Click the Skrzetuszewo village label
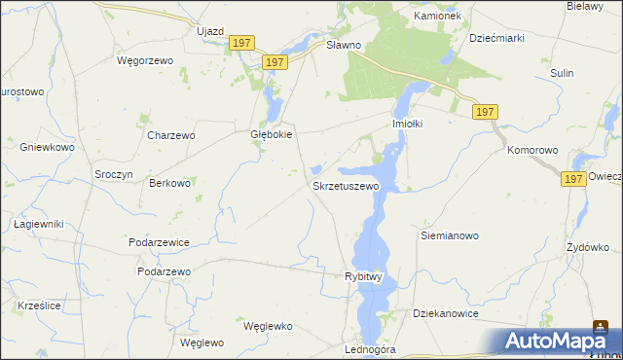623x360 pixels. (345, 185)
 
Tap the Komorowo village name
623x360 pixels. (532, 151)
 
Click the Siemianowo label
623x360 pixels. (450, 235)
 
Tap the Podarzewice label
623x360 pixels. (158, 241)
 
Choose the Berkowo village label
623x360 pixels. (167, 183)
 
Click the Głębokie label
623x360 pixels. (272, 135)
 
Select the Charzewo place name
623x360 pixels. (171, 135)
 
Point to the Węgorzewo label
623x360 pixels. (144, 60)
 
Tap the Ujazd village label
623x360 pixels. (210, 31)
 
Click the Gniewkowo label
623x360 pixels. (47, 147)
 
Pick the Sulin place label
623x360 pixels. (561, 73)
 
